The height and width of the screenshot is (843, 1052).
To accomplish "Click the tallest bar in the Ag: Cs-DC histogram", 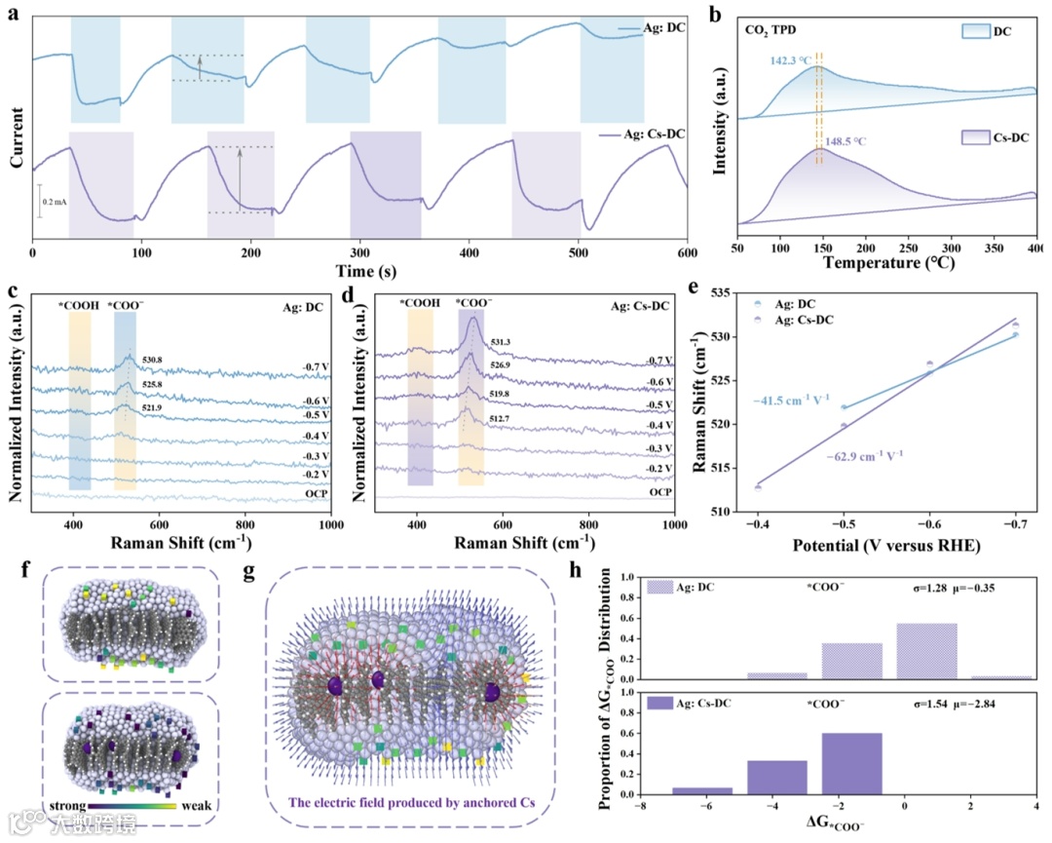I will tap(851, 761).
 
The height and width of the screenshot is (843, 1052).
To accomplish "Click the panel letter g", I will tap(250, 573).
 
